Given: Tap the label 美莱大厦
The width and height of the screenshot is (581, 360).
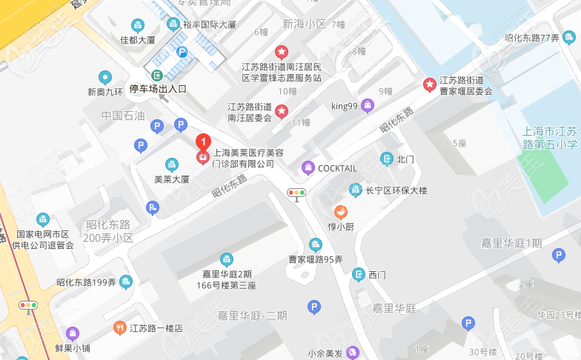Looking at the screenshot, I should coord(172,179).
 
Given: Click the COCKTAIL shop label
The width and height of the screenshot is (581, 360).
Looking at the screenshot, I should coord(337,168).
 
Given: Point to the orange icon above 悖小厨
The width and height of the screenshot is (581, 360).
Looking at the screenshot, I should coord(340,211).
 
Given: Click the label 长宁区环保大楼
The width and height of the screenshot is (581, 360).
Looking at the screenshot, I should coord(396,190).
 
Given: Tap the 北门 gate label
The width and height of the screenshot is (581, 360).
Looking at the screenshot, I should coord(405,159).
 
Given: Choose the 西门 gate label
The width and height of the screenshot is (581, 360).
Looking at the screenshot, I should coord(377,275).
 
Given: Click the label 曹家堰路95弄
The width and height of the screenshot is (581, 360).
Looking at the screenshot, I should coord(316,259).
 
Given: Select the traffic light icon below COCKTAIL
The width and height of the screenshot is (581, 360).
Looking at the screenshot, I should coord(296,194).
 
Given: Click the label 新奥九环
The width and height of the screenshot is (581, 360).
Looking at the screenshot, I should coord(104,93).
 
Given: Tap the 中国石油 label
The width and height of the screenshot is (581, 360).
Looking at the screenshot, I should coord(124,116).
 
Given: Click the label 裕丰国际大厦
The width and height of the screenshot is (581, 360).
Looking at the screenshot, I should coord(210,24).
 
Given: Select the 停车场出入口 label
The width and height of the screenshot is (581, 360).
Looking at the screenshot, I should coord(159,89).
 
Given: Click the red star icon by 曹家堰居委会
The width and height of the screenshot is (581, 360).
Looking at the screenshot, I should coord(429,84).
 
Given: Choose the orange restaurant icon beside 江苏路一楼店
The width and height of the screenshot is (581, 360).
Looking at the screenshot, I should coord(119,327).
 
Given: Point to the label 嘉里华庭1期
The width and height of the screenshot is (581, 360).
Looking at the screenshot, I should coord(511,243).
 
